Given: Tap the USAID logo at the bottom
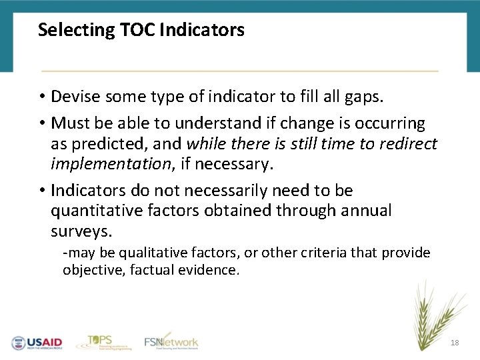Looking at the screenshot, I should [x=37, y=343].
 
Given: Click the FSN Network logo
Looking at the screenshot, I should [x=171, y=341].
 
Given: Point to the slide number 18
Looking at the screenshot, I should [x=455, y=343].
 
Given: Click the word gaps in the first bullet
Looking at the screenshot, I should [x=365, y=97].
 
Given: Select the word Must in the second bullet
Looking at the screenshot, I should [x=67, y=124].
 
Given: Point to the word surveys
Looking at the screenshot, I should [x=81, y=231].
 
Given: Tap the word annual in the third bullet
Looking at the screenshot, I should [x=365, y=211].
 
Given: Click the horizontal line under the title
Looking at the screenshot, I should [x=240, y=71].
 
